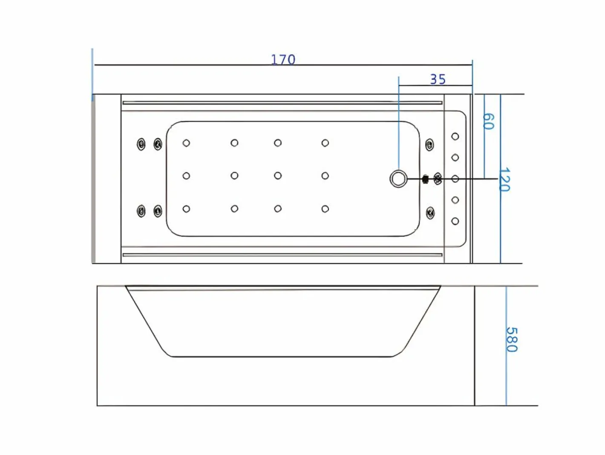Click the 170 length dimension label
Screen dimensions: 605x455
[x=283, y=59]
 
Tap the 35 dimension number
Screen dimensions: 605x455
[x=438, y=79]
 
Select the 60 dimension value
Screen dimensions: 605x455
[x=488, y=121]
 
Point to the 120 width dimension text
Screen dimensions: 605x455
[x=504, y=179]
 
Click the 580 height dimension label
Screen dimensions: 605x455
[x=512, y=340]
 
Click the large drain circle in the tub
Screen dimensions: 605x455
[x=398, y=179]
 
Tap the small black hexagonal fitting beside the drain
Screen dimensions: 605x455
[x=426, y=179]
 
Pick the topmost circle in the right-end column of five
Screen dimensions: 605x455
[x=455, y=137]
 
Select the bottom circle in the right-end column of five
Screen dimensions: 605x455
[x=455, y=221]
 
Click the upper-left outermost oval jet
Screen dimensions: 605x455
[x=141, y=144]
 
